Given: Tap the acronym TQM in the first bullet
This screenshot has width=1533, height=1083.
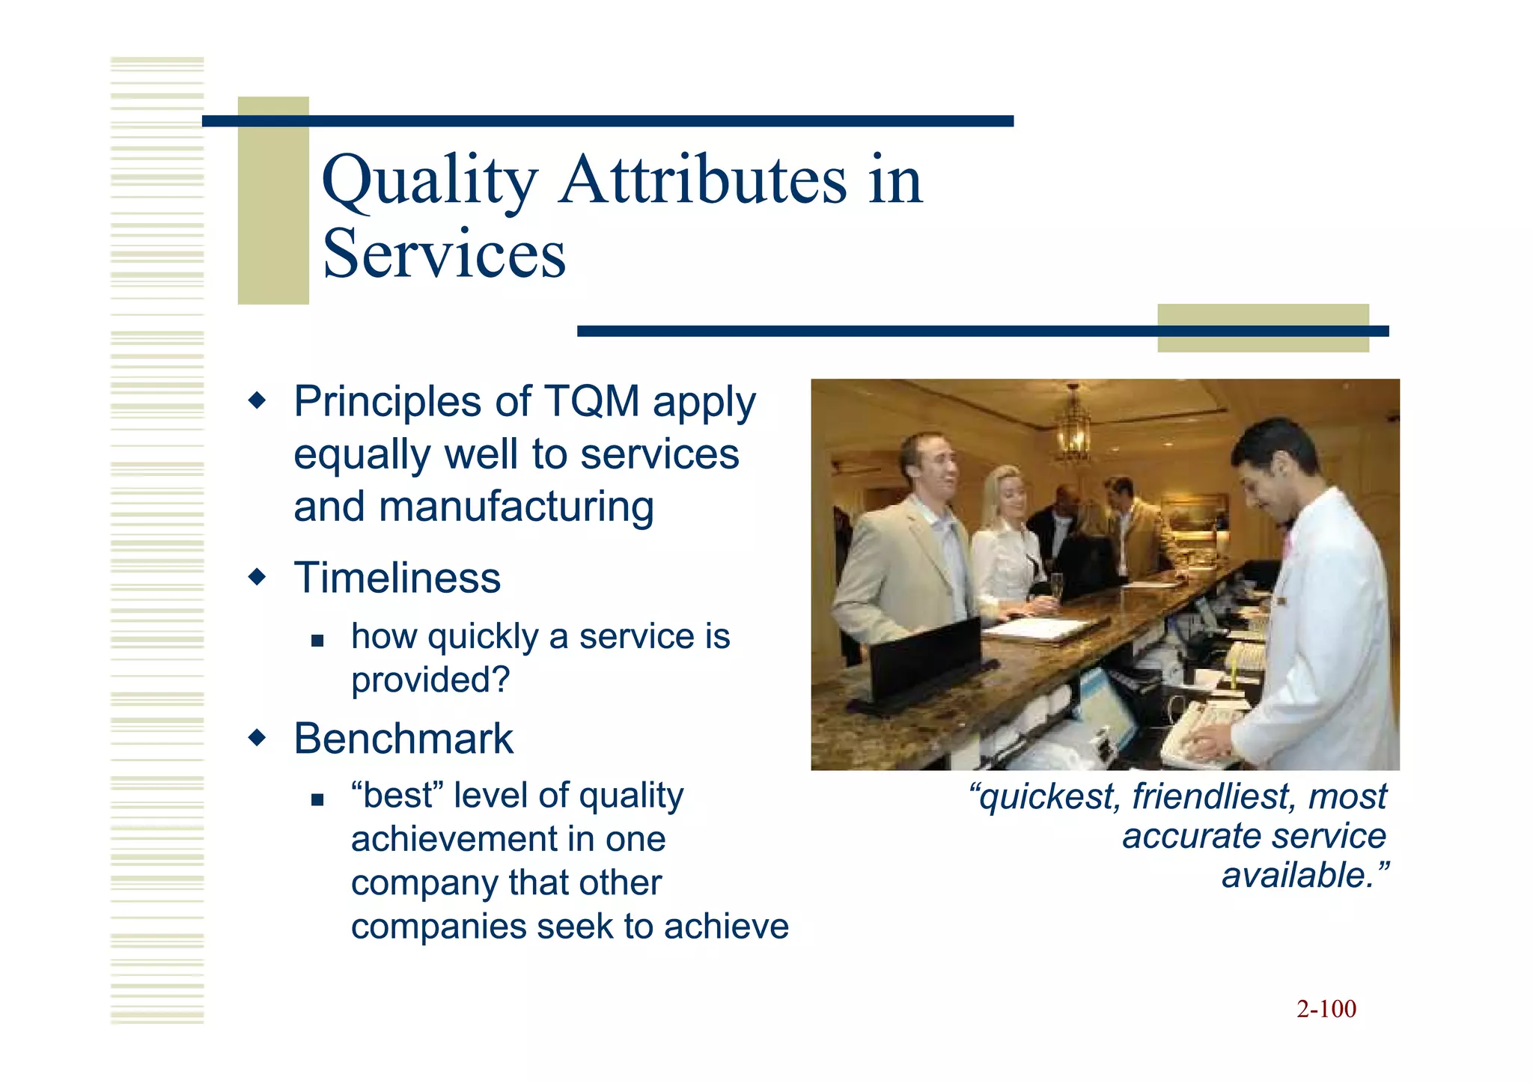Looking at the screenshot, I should (591, 401).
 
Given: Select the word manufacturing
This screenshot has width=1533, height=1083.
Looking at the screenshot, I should (516, 507).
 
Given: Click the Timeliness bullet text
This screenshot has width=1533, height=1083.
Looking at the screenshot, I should (397, 579).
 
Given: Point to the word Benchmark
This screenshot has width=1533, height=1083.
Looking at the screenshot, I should (403, 739).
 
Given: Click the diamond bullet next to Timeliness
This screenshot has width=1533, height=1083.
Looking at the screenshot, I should (257, 578).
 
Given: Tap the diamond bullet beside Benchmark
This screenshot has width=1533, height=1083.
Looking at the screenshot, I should (257, 739).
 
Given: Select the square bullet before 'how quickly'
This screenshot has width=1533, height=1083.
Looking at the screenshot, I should (317, 641).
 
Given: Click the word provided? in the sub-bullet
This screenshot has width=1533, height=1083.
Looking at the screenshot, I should (430, 680).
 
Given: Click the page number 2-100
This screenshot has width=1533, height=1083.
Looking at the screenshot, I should (1326, 1009).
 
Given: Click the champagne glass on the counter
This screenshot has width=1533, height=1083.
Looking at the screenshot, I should (1056, 588).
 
